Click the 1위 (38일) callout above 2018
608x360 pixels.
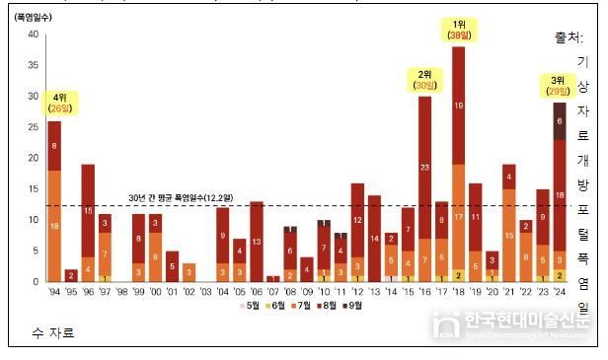(459, 30)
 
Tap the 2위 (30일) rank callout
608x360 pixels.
(424, 80)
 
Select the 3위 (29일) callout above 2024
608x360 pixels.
(559, 86)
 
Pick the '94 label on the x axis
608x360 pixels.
(53, 293)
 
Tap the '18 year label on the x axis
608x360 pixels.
(458, 293)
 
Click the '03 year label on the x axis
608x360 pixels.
(205, 293)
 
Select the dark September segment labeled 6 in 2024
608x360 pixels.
(560, 121)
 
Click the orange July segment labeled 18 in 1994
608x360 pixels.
(53, 225)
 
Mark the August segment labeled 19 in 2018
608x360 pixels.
(458, 105)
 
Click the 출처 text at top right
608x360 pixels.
(570, 38)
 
